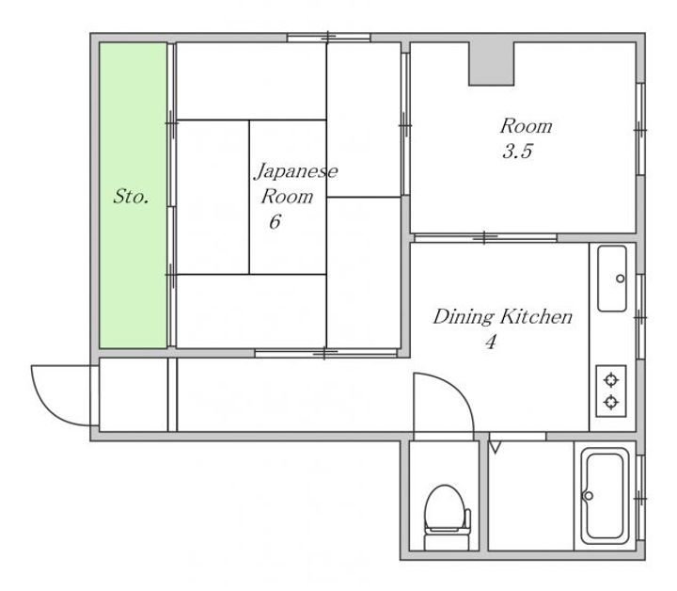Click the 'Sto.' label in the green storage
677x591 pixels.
132,197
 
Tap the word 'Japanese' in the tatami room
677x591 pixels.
296,171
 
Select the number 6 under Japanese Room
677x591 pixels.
275,222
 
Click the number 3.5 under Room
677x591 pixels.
517,152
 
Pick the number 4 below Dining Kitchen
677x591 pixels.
491,343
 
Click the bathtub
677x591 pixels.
605,496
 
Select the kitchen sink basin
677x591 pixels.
612,279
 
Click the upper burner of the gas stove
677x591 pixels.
611,380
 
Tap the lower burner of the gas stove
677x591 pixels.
611,402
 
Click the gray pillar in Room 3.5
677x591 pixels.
492,63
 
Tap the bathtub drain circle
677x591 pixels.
588,496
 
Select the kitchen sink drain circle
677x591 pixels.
620,279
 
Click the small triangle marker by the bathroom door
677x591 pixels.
496,447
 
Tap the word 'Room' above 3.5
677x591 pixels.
527,126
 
